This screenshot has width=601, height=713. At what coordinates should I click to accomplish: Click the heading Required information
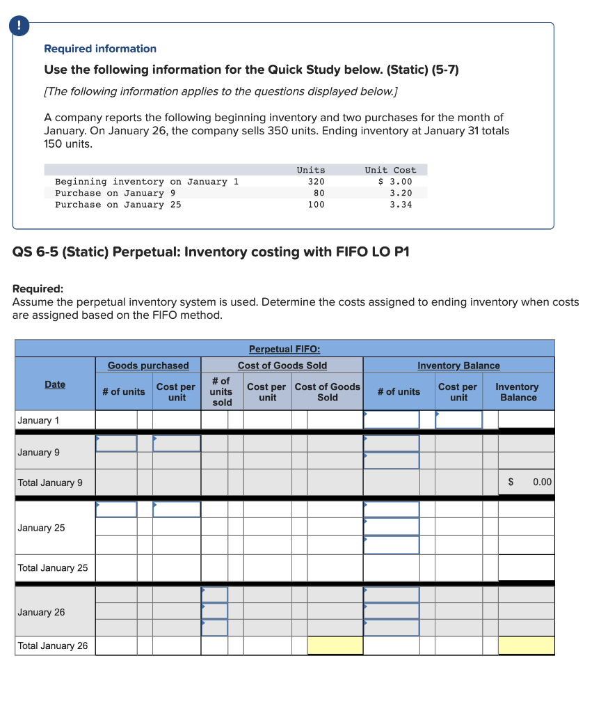[x=100, y=49]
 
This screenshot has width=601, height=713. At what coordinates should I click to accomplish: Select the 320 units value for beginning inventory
[x=316, y=182]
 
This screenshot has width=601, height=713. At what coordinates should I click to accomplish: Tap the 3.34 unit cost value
[x=401, y=205]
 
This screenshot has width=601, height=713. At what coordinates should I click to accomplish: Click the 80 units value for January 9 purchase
[x=319, y=193]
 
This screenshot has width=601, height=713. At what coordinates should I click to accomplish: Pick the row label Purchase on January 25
[x=118, y=205]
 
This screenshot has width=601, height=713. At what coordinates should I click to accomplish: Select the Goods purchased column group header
[x=148, y=366]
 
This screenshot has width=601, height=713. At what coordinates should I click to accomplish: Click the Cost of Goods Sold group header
[x=282, y=366]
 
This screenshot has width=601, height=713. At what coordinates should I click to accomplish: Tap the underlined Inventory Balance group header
[x=458, y=366]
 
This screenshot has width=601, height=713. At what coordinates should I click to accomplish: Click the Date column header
[x=55, y=384]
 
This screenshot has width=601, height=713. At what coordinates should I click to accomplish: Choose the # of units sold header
[x=222, y=392]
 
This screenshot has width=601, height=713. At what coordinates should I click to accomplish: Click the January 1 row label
[x=38, y=420]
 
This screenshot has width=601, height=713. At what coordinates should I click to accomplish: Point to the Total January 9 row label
[x=50, y=483]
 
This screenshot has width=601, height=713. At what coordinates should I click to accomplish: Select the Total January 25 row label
[x=53, y=567]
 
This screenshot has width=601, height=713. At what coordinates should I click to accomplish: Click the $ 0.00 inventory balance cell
[x=527, y=482]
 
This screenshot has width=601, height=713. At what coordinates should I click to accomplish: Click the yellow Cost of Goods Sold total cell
[x=335, y=645]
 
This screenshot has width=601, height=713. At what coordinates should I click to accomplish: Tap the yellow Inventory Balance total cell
[x=527, y=645]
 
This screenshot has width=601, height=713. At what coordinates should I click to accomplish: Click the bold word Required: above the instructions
[x=38, y=288]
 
